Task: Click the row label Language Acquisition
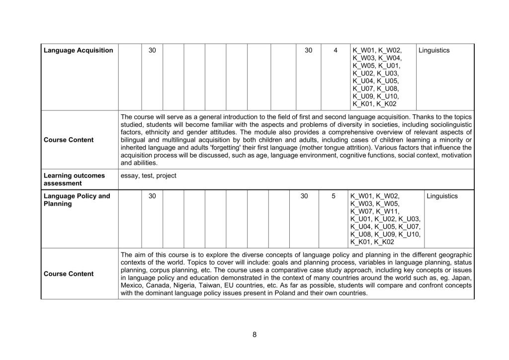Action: [x=78, y=51]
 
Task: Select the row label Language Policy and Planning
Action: [x=77, y=200]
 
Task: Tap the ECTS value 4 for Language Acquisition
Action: [x=336, y=51]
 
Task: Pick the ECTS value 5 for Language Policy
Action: [x=334, y=196]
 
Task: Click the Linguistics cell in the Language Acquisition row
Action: [x=434, y=51]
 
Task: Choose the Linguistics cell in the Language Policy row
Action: [x=442, y=196]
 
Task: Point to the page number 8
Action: [x=254, y=334]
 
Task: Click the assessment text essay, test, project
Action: [x=148, y=176]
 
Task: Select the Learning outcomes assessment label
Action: [x=74, y=180]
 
